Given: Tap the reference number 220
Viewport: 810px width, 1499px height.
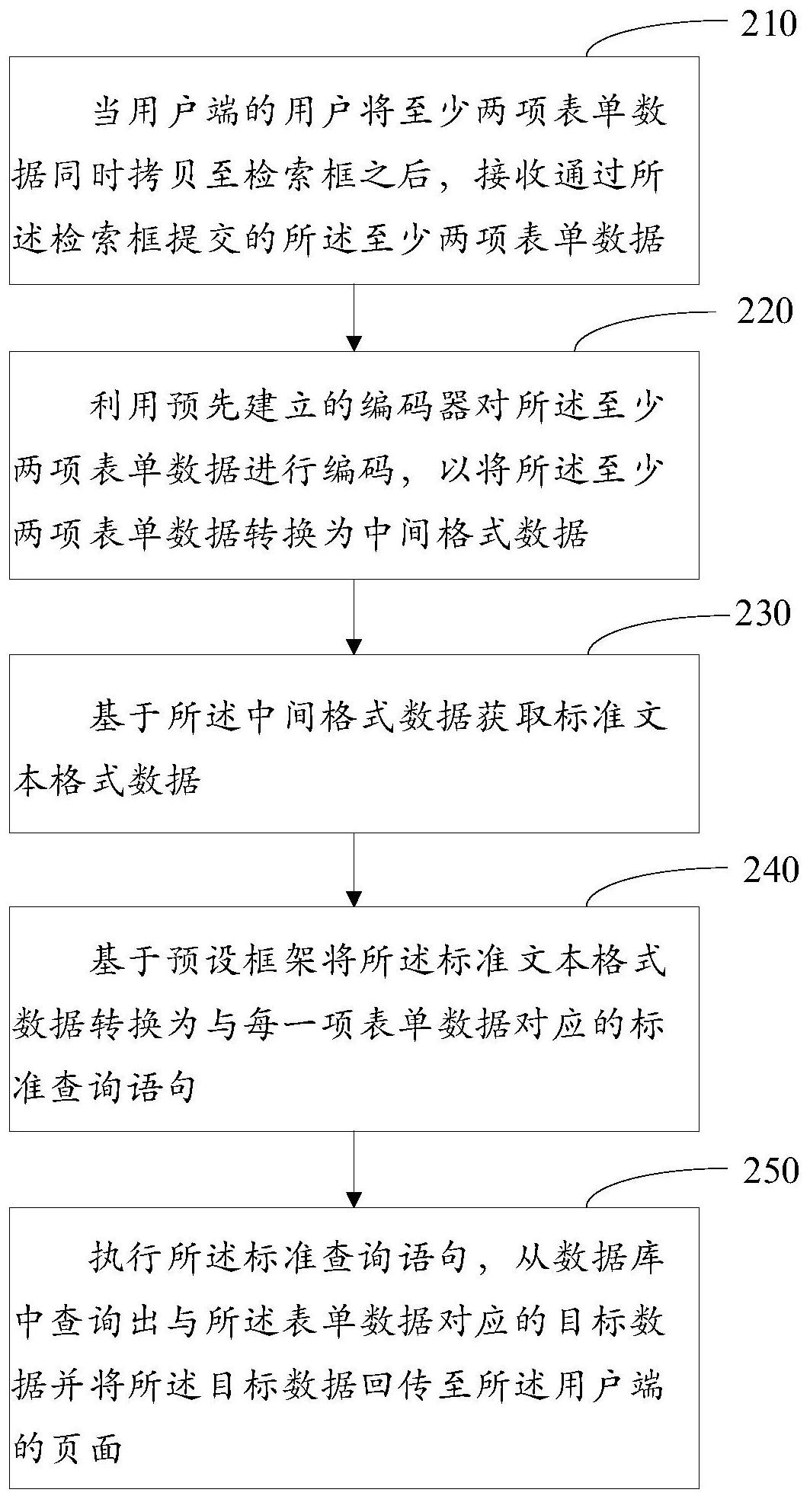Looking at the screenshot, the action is pos(764,312).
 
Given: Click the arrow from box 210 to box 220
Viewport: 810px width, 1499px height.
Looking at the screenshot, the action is pos(354,318).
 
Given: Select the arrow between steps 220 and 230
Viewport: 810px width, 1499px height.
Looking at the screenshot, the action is pos(354,617).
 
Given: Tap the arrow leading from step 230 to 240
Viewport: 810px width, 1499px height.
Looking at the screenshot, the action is pos(354,869).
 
